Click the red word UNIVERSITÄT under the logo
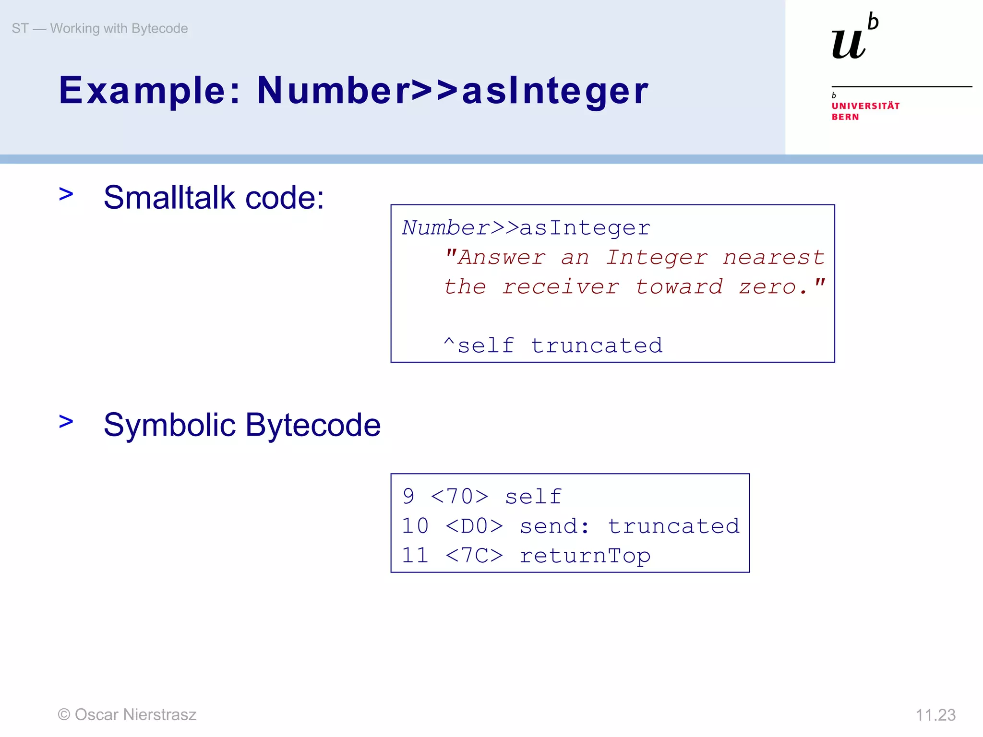tap(865, 106)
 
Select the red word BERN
tap(845, 117)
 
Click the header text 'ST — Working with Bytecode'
tap(100, 29)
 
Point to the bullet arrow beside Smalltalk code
tap(66, 194)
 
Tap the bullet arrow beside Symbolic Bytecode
tap(66, 422)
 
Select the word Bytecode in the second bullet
tap(313, 425)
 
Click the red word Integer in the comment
tap(656, 258)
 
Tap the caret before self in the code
tap(449, 343)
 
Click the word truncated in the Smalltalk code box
tap(597, 346)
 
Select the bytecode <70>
tap(460, 497)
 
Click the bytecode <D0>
tap(474, 526)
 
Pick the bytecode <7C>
tap(474, 556)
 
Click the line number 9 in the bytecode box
tap(408, 497)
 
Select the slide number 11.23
tap(935, 715)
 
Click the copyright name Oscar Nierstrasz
tap(135, 714)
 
